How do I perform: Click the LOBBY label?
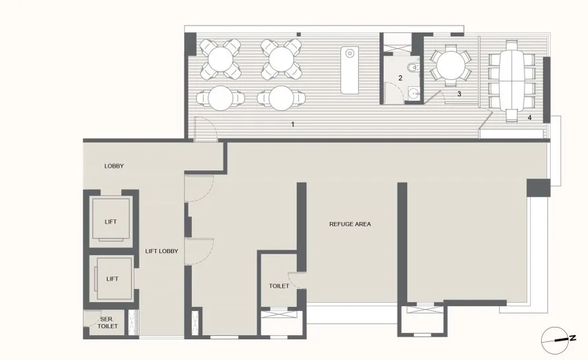114,166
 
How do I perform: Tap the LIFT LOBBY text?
161,251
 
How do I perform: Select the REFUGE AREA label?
350,223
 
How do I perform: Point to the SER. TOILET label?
106,323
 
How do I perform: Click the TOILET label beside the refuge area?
279,286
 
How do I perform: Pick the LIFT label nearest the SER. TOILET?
112,279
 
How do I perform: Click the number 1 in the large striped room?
293,125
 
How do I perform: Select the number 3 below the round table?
458,92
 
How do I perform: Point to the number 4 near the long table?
529,118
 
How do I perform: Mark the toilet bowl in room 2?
411,67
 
